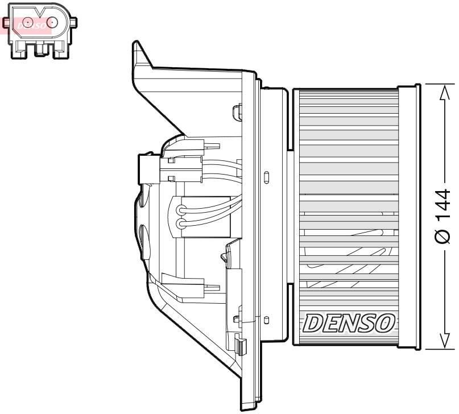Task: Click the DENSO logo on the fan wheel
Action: coord(349,323)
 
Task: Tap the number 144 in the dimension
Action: coord(443,205)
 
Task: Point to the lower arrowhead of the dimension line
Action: coord(443,341)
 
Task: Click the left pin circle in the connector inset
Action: coord(25,23)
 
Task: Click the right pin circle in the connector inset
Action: coord(53,23)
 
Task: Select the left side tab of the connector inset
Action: coord(6,23)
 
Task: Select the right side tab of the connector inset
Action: coord(74,22)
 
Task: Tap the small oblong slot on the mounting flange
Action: coord(266,176)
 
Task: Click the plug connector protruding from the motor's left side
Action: coord(147,169)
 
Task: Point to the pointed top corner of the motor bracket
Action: coord(135,44)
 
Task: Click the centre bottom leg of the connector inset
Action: coord(40,51)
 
